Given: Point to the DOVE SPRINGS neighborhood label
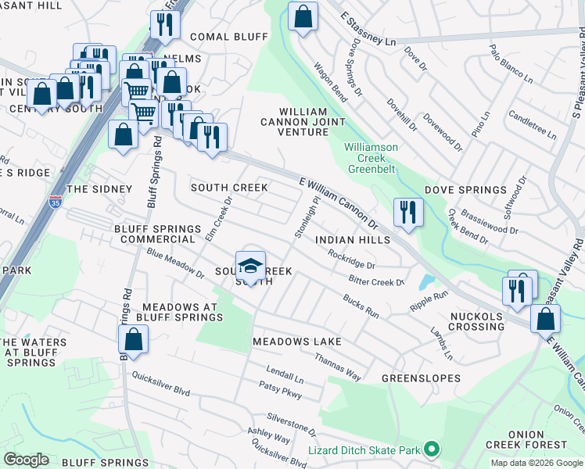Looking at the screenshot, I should [x=465, y=190].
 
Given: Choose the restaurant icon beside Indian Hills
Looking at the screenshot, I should [x=408, y=213].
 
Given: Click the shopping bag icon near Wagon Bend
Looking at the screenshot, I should [x=303, y=16].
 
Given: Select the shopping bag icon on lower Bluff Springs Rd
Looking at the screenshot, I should [x=134, y=340].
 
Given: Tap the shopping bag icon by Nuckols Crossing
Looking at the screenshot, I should [x=545, y=319].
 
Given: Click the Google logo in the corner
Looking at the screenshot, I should [x=26, y=459].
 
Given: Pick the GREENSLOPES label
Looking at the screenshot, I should [x=412, y=378].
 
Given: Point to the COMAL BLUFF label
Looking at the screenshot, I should [x=220, y=37].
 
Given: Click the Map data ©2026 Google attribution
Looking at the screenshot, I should [x=536, y=463].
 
